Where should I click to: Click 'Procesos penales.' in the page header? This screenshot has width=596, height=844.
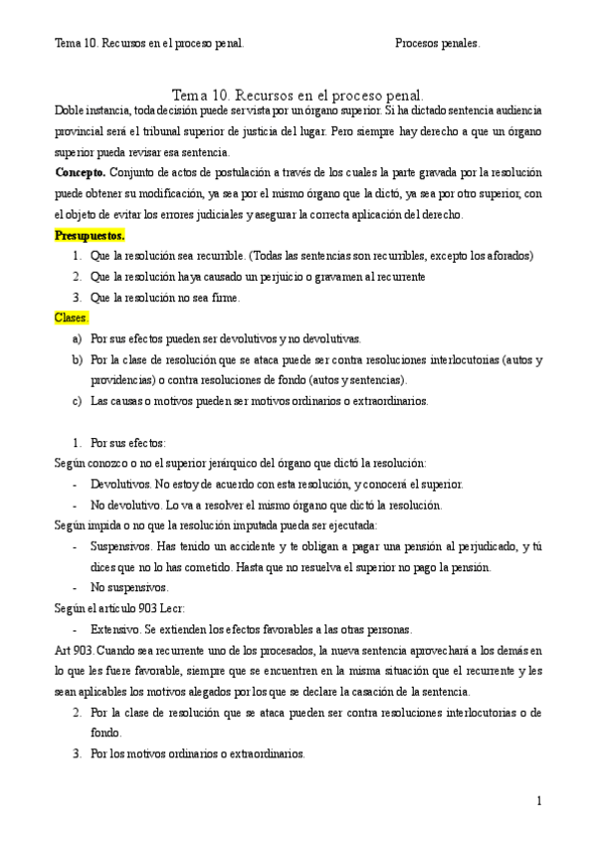coord(437,44)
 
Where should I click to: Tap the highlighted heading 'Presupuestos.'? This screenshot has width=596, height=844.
coord(89,236)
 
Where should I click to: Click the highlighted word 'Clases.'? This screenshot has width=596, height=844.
coord(71,317)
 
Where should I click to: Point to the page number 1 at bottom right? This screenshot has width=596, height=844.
coord(538,801)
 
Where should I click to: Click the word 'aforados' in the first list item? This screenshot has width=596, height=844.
coord(509,255)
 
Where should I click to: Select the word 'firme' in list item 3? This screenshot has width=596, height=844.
coord(223,297)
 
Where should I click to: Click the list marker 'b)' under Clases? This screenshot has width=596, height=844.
coord(77,359)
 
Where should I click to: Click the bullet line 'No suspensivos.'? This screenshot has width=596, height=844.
coord(126,587)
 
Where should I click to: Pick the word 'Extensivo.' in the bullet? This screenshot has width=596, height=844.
coord(115,629)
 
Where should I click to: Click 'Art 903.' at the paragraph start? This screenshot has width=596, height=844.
coord(75,650)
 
